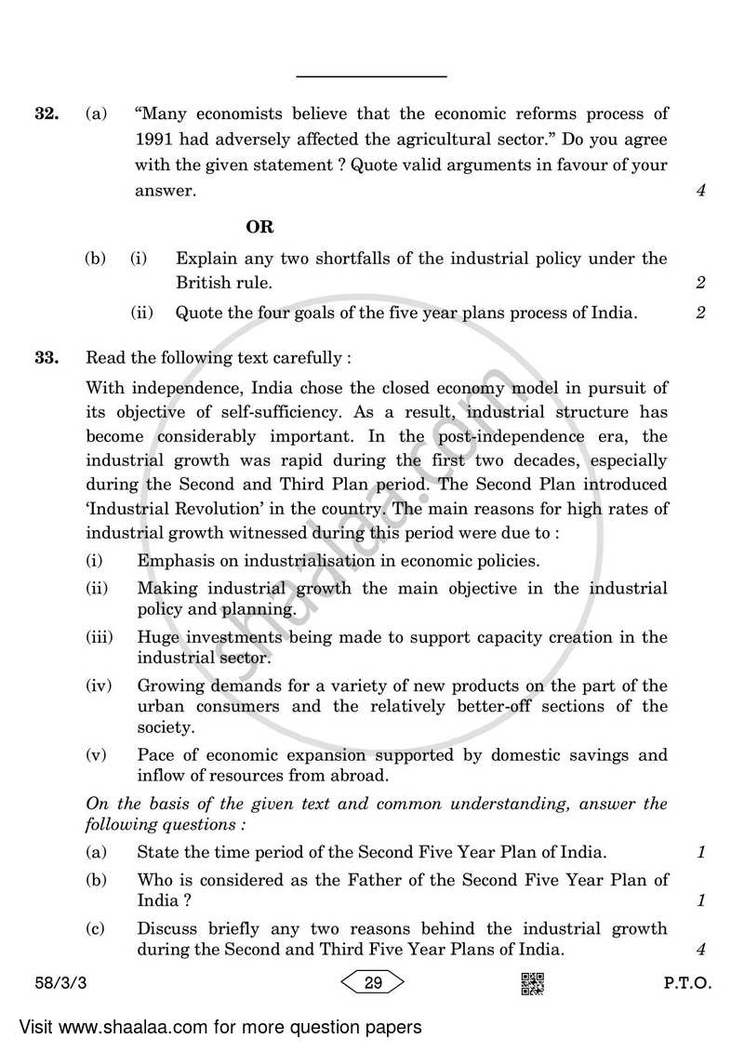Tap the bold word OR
(259, 227)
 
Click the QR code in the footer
(532, 982)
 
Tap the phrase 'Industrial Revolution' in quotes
(166, 509)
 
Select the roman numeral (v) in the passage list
(97, 755)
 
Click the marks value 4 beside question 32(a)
(700, 192)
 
